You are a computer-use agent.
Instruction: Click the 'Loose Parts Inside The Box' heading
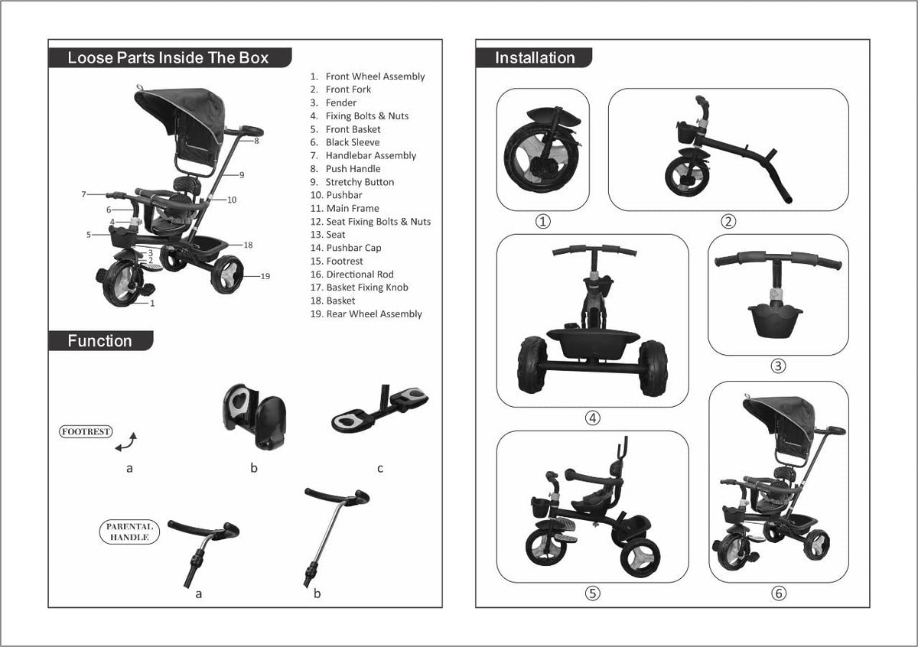(168, 58)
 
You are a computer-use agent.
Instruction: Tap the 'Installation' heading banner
(535, 58)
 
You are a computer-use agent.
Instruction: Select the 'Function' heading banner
(99, 341)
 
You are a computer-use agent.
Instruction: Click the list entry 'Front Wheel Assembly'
(375, 76)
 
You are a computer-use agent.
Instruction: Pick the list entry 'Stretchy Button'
(360, 182)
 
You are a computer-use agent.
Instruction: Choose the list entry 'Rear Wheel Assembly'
(374, 314)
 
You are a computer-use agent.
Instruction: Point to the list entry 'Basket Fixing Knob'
(367, 288)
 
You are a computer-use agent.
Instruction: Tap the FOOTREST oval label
(86, 431)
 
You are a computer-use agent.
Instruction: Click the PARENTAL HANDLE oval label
(129, 532)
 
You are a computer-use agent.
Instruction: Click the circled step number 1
(542, 222)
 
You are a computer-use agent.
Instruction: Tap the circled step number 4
(592, 418)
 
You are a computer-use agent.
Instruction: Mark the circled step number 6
(778, 593)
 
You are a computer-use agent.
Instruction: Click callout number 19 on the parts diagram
(265, 276)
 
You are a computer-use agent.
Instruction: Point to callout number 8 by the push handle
(257, 141)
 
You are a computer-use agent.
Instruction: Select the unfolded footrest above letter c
(380, 408)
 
